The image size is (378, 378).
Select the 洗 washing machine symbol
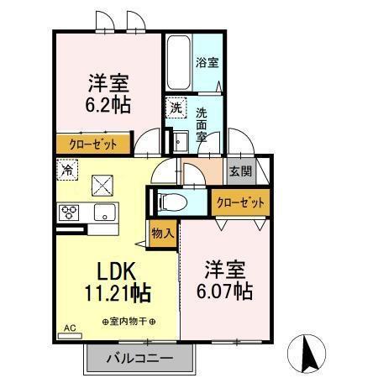pos(175,108)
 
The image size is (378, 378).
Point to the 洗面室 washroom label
pos(203,123)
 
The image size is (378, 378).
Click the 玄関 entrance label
pos(239,171)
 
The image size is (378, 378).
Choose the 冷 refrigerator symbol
pos(67,169)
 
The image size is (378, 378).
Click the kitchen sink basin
pos(104,211)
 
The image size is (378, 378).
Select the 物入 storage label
pos(162,233)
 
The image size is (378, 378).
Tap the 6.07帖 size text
pos(225,291)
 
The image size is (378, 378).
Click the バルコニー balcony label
pos(139,359)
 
